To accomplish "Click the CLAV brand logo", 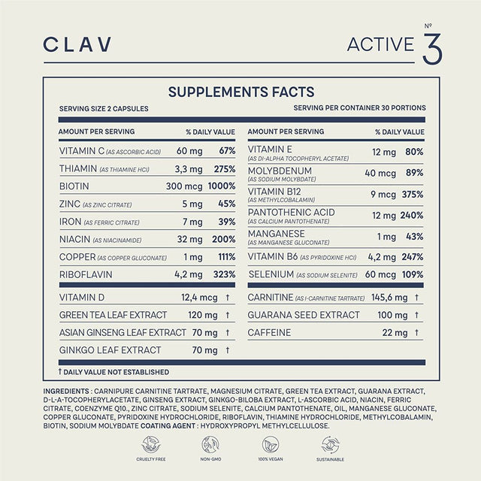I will [x=77, y=44].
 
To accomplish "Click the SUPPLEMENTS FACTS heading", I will [x=240, y=92].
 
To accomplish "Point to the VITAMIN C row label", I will [x=82, y=151].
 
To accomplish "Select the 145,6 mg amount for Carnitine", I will [x=390, y=298].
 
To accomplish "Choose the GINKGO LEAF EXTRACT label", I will [x=110, y=350].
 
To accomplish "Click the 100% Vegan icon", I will [x=266, y=444].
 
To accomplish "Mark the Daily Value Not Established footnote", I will [x=113, y=371].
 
